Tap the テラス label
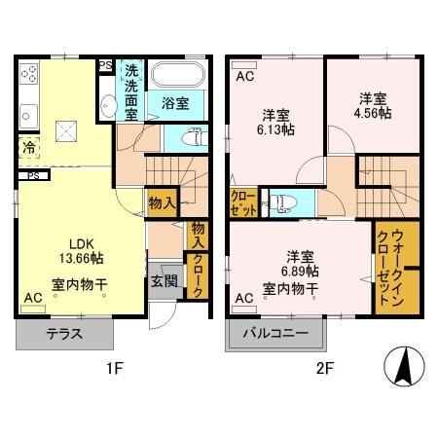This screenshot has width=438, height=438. pyautogui.click(x=64, y=333)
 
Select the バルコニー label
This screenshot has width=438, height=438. pyautogui.click(x=276, y=333)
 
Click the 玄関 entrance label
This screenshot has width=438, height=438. pyautogui.click(x=163, y=282)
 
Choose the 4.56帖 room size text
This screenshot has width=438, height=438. pyautogui.click(x=372, y=113)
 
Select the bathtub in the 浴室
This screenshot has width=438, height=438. pyautogui.click(x=177, y=75)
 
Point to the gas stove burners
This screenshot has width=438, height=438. pyautogui.click(x=28, y=74)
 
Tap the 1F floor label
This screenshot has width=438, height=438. pyautogui.click(x=114, y=369)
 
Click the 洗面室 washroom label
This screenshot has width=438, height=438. pyautogui.click(x=131, y=91)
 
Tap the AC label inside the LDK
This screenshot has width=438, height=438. pyautogui.click(x=33, y=297)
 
